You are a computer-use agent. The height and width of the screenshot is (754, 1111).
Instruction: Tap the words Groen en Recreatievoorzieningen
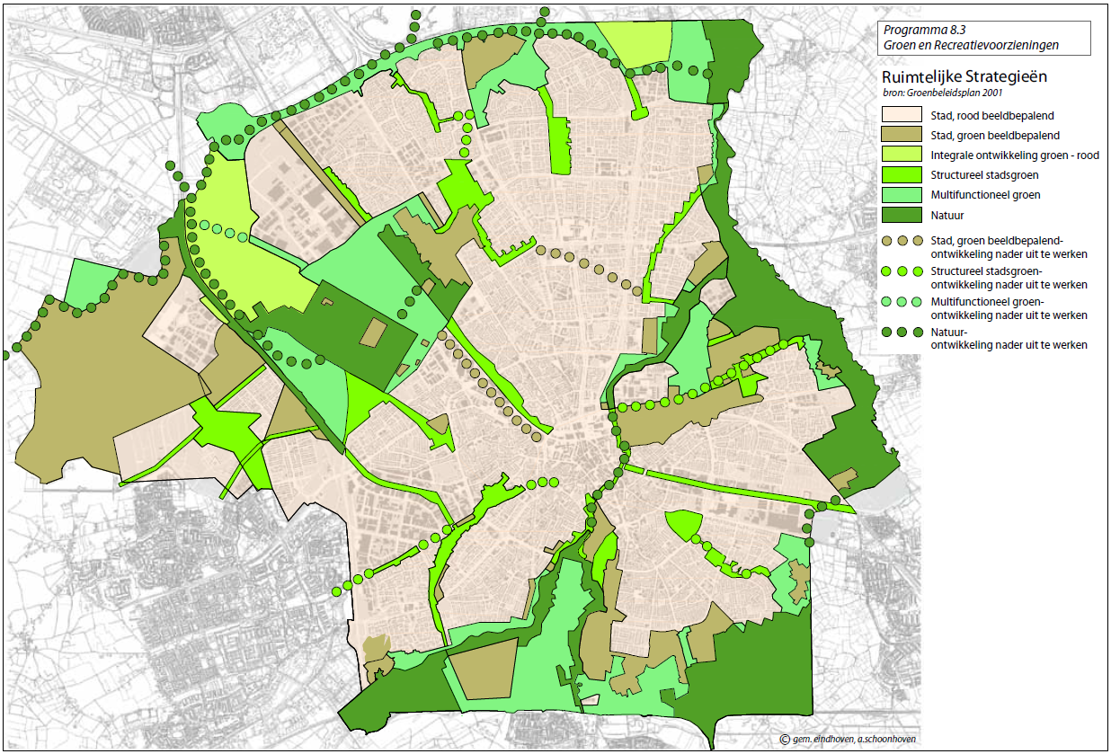pos(971,44)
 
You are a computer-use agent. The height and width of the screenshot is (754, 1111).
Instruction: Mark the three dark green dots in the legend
pos(902,332)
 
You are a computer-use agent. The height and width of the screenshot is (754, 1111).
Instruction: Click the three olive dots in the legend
pos(902,240)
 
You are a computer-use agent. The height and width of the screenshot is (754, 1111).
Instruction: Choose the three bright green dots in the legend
pos(902,271)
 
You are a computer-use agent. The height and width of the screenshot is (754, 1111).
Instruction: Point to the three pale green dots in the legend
pos(902,301)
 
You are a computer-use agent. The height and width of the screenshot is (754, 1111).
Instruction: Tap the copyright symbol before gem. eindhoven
pos(785,739)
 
